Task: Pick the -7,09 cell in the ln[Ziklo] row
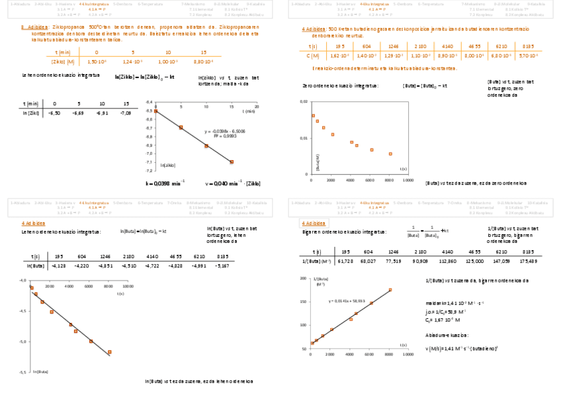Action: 126,113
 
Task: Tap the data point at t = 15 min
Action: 232,161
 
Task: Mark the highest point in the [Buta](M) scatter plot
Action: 313,116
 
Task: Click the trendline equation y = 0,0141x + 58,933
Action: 347,301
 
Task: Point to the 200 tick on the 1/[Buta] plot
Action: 303,279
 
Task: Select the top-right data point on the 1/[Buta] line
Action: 390,290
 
